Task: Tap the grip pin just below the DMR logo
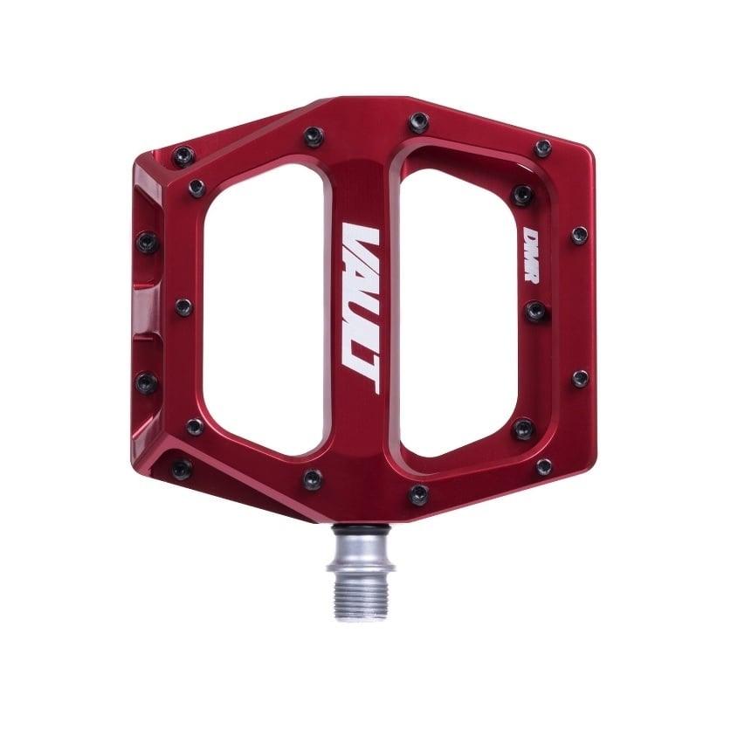pos(534,310)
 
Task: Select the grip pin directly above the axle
pos(419,494)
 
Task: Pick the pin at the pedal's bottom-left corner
pos(182,470)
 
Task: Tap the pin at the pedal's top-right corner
pos(542,148)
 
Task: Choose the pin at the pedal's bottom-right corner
pos(543,466)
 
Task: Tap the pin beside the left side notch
pos(183,307)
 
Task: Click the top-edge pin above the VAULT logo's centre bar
pos(419,120)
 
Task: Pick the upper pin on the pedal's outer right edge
pos(579,235)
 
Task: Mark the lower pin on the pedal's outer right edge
pos(579,379)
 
